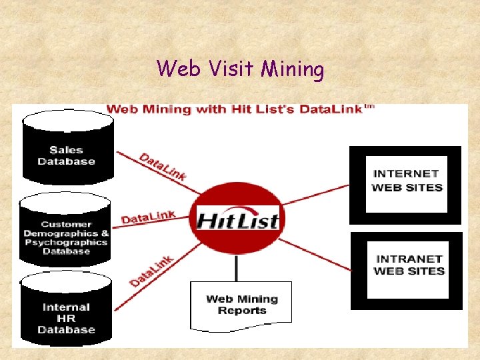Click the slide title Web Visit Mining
tap(240, 68)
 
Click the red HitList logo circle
tap(238, 219)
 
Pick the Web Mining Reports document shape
tap(241, 306)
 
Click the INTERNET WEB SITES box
tap(406, 185)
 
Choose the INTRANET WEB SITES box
tap(407, 270)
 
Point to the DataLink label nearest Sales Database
tap(162, 167)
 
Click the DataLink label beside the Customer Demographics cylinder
tap(148, 217)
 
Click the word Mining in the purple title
tap(293, 68)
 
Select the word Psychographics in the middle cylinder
tap(66, 243)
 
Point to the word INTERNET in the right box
tap(406, 174)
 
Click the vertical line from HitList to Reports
tap(237, 267)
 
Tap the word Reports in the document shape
tap(241, 311)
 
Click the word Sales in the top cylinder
tap(66, 150)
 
